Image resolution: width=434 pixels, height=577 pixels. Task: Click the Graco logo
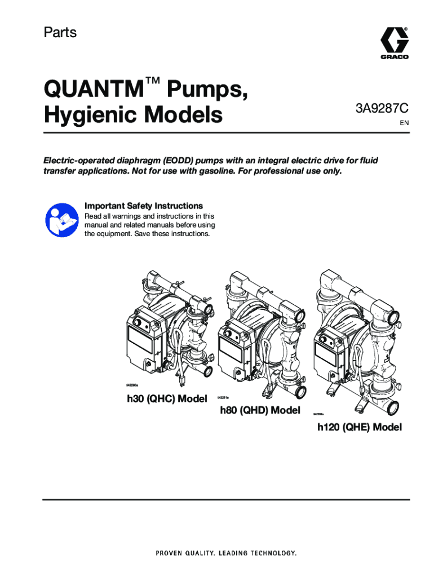point(394,43)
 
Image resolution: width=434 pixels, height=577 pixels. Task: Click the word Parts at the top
point(60,32)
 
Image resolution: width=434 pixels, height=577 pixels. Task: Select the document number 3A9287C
point(382,109)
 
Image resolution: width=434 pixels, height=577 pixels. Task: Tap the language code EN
point(404,123)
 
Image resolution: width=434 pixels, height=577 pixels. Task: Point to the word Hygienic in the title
point(91,115)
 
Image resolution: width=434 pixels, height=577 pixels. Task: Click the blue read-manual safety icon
point(62,221)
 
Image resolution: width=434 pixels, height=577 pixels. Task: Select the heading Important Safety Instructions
point(144,206)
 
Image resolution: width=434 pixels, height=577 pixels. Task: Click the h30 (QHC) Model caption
point(167,399)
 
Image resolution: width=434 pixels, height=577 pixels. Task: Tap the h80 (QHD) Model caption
point(260,410)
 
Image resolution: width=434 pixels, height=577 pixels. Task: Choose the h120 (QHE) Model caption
point(360,427)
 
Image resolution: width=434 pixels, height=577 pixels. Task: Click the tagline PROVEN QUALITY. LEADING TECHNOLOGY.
point(226,553)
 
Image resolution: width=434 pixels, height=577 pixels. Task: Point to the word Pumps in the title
point(207,90)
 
